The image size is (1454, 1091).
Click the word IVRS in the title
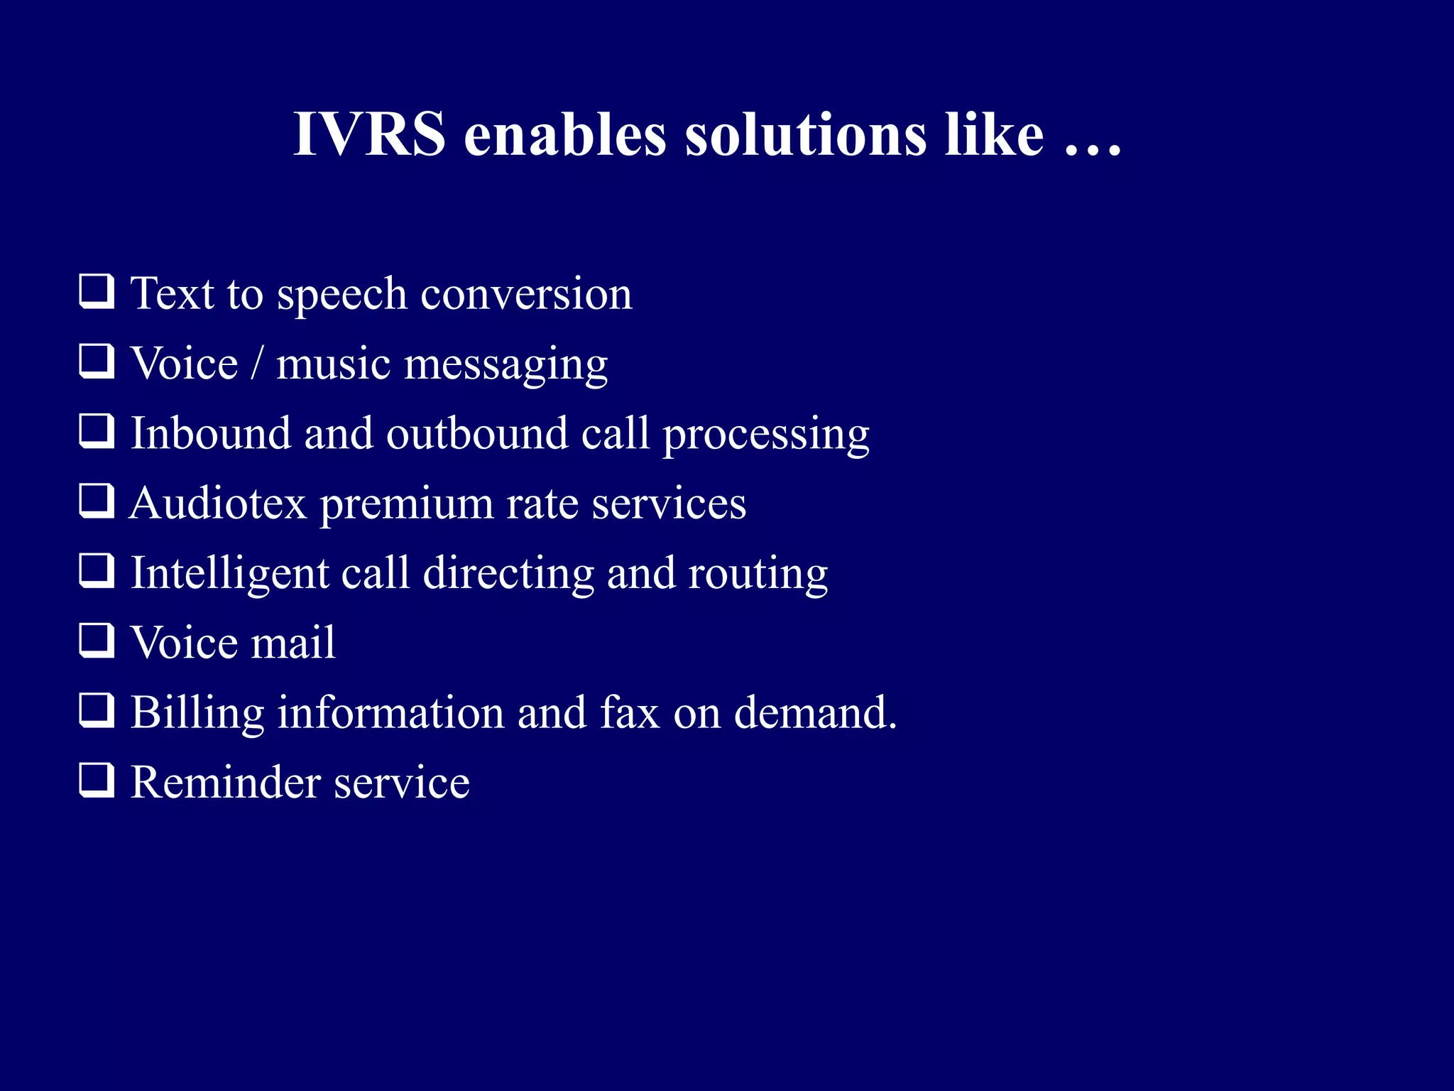[x=369, y=134]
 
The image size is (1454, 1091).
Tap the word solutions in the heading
[x=806, y=134]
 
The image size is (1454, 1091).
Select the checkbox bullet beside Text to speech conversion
[x=96, y=292]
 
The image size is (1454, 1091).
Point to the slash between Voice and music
[x=256, y=364]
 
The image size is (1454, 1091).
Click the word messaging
[x=505, y=367]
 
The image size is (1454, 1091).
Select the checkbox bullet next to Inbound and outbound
[x=96, y=432]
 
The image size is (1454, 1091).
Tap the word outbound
[x=477, y=433]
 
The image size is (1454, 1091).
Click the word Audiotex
[x=218, y=504]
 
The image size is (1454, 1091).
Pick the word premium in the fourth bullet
[x=406, y=506]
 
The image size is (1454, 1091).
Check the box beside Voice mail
[x=96, y=641]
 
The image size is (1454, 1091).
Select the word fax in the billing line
[x=630, y=712]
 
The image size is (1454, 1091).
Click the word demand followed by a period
[x=815, y=712]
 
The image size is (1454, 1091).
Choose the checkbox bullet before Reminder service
[x=96, y=780]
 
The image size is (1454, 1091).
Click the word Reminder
[x=225, y=783]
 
